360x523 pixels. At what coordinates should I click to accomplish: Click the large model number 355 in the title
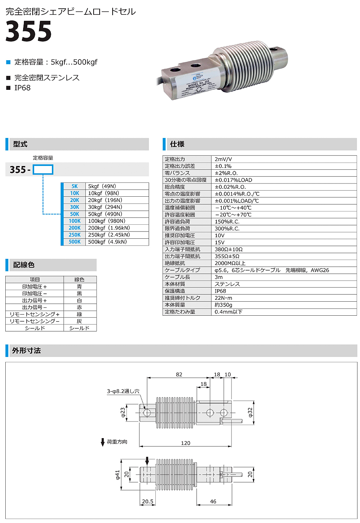click(29, 31)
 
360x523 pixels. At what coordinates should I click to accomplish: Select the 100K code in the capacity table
click(75, 221)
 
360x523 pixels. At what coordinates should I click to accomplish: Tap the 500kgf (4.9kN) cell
click(107, 242)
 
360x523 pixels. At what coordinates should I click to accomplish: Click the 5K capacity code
click(75, 186)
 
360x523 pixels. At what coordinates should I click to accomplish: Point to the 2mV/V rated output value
click(223, 159)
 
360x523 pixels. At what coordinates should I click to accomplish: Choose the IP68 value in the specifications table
click(220, 291)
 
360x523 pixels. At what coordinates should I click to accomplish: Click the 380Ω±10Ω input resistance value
click(229, 249)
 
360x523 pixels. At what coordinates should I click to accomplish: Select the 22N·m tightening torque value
click(223, 298)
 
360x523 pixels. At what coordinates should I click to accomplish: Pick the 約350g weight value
click(223, 305)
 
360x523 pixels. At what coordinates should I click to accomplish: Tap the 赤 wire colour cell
click(80, 307)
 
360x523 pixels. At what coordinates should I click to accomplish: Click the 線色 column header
click(80, 279)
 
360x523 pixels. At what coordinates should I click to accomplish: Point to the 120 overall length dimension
click(186, 443)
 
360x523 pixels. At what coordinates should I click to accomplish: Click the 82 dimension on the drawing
click(179, 374)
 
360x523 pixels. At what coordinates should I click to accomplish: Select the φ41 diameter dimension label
click(117, 475)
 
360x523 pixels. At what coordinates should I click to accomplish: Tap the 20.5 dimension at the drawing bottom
click(148, 501)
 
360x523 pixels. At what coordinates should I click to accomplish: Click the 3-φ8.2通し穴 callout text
click(123, 391)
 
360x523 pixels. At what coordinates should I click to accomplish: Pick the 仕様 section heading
click(177, 144)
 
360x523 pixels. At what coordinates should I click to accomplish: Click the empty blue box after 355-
click(43, 169)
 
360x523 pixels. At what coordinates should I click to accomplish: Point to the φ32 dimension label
click(250, 413)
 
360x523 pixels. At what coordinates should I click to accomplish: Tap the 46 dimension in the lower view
click(213, 501)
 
